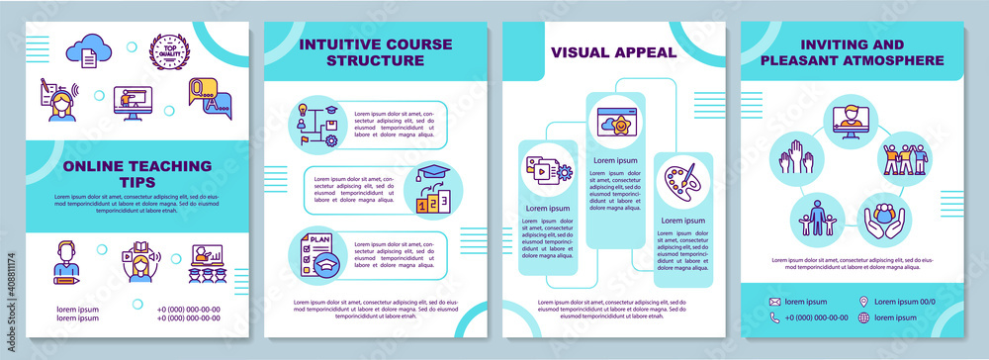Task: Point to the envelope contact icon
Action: click(774, 301)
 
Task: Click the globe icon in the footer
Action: click(865, 317)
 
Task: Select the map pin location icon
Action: click(865, 301)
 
